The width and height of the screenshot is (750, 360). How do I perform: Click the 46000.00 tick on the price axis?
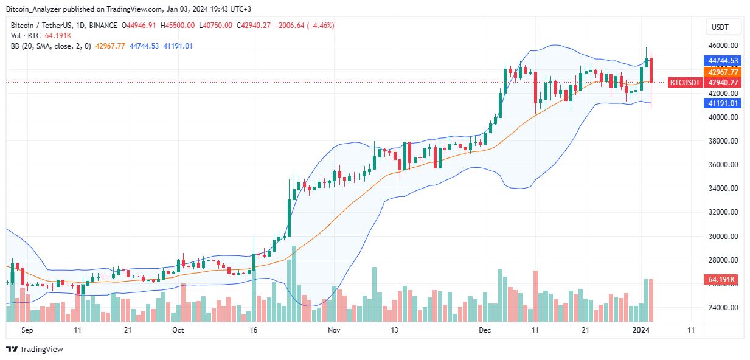721,46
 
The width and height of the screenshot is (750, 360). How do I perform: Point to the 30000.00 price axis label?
721,237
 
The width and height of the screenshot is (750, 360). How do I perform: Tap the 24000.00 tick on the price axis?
721,308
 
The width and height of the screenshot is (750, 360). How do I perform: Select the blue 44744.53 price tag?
723,61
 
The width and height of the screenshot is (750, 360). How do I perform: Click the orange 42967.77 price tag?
723,72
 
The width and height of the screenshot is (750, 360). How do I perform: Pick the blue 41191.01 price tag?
723,103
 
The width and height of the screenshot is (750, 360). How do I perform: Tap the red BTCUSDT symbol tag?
686,82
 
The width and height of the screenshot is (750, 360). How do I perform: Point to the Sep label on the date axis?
27,330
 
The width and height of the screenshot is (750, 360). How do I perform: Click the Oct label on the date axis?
178,330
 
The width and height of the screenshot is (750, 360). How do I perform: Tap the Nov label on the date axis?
333,330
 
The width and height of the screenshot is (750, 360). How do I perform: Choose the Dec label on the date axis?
485,330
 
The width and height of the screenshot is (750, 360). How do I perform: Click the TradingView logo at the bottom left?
35,349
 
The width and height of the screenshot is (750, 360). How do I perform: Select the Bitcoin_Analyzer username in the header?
38,9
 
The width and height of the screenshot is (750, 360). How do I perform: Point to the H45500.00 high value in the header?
175,26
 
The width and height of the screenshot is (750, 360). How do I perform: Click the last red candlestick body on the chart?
651,70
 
